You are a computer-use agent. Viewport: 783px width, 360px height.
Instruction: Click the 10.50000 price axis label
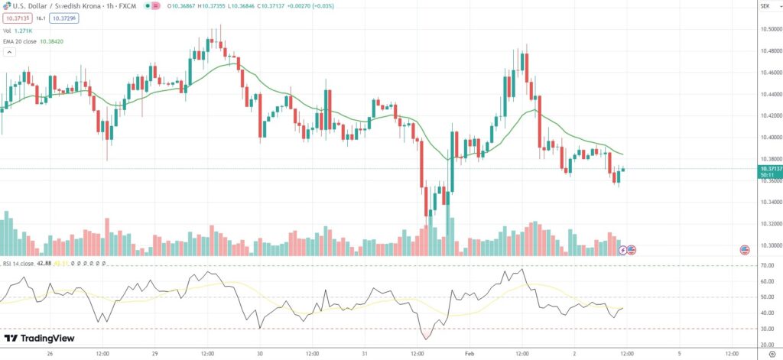click(770, 29)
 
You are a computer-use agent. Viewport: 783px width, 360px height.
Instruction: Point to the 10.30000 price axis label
click(770, 245)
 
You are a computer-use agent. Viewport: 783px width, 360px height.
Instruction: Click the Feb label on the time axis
click(469, 354)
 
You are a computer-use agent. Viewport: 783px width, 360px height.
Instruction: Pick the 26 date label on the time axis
click(50, 354)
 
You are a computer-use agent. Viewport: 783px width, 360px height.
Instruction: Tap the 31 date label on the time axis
click(365, 354)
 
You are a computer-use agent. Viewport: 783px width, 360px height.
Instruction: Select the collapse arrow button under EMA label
click(10, 53)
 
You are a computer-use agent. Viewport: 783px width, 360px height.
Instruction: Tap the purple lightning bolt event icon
click(622, 250)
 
